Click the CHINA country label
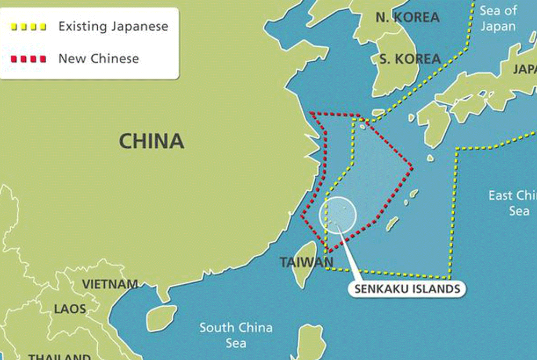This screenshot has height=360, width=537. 151,141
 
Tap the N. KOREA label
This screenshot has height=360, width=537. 407,17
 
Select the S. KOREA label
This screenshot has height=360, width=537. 410,59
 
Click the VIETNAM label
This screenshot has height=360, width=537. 110,284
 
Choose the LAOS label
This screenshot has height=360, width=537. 70,309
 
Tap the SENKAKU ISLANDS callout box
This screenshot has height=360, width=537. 408,289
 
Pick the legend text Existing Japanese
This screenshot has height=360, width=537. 113,26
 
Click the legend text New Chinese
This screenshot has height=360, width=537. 98,59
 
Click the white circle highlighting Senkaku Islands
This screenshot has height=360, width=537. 338,214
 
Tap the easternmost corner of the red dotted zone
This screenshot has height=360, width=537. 412,169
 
